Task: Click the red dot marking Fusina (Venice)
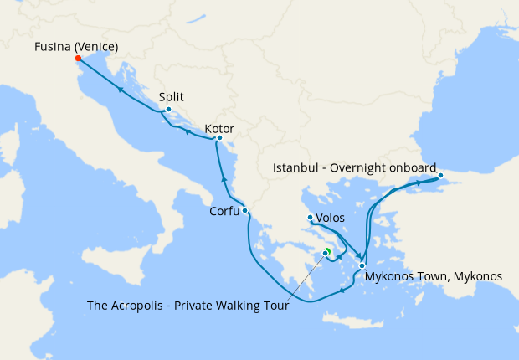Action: (77, 59)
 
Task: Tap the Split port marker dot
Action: (168, 110)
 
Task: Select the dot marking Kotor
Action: (219, 138)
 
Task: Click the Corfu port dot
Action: (244, 211)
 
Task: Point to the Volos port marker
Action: (311, 218)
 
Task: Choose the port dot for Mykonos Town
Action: (362, 265)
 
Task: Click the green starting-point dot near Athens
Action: (327, 251)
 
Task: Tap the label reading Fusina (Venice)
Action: (76, 46)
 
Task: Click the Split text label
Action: (171, 97)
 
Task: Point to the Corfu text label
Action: (224, 212)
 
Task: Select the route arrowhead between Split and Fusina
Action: (121, 89)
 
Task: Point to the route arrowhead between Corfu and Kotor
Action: (224, 178)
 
